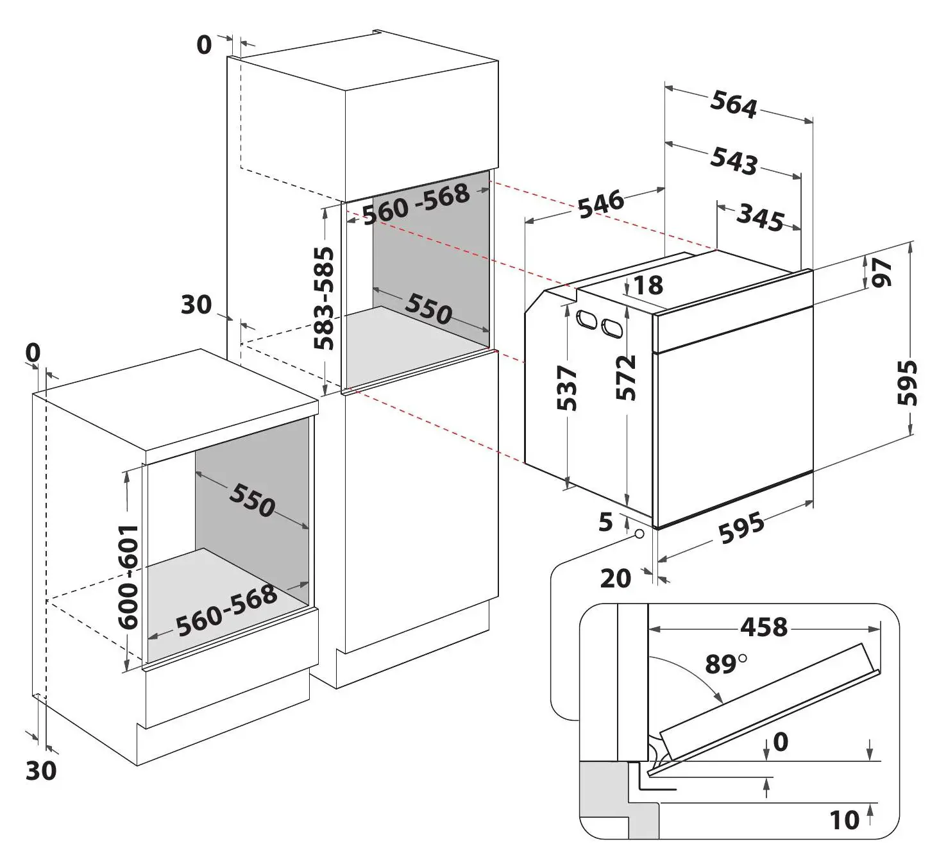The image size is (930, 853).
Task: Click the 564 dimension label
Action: pyautogui.click(x=734, y=105)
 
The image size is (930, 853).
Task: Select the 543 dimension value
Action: pyautogui.click(x=734, y=160)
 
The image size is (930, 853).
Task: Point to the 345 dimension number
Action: pyautogui.click(x=760, y=217)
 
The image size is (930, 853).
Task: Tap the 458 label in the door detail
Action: pyautogui.click(x=763, y=627)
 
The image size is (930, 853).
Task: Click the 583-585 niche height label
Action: pyautogui.click(x=325, y=298)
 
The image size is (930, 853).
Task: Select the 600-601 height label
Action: pyautogui.click(x=128, y=576)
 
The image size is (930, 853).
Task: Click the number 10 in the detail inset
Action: pyautogui.click(x=844, y=820)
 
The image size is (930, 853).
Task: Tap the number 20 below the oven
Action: pyautogui.click(x=616, y=579)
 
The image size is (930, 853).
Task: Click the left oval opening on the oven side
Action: pyautogui.click(x=586, y=319)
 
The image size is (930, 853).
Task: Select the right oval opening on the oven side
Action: pyautogui.click(x=611, y=328)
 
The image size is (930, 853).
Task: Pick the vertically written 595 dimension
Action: pyautogui.click(x=908, y=383)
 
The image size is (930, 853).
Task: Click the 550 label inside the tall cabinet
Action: pyautogui.click(x=428, y=309)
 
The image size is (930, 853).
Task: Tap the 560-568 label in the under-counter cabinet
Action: pyautogui.click(x=226, y=611)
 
